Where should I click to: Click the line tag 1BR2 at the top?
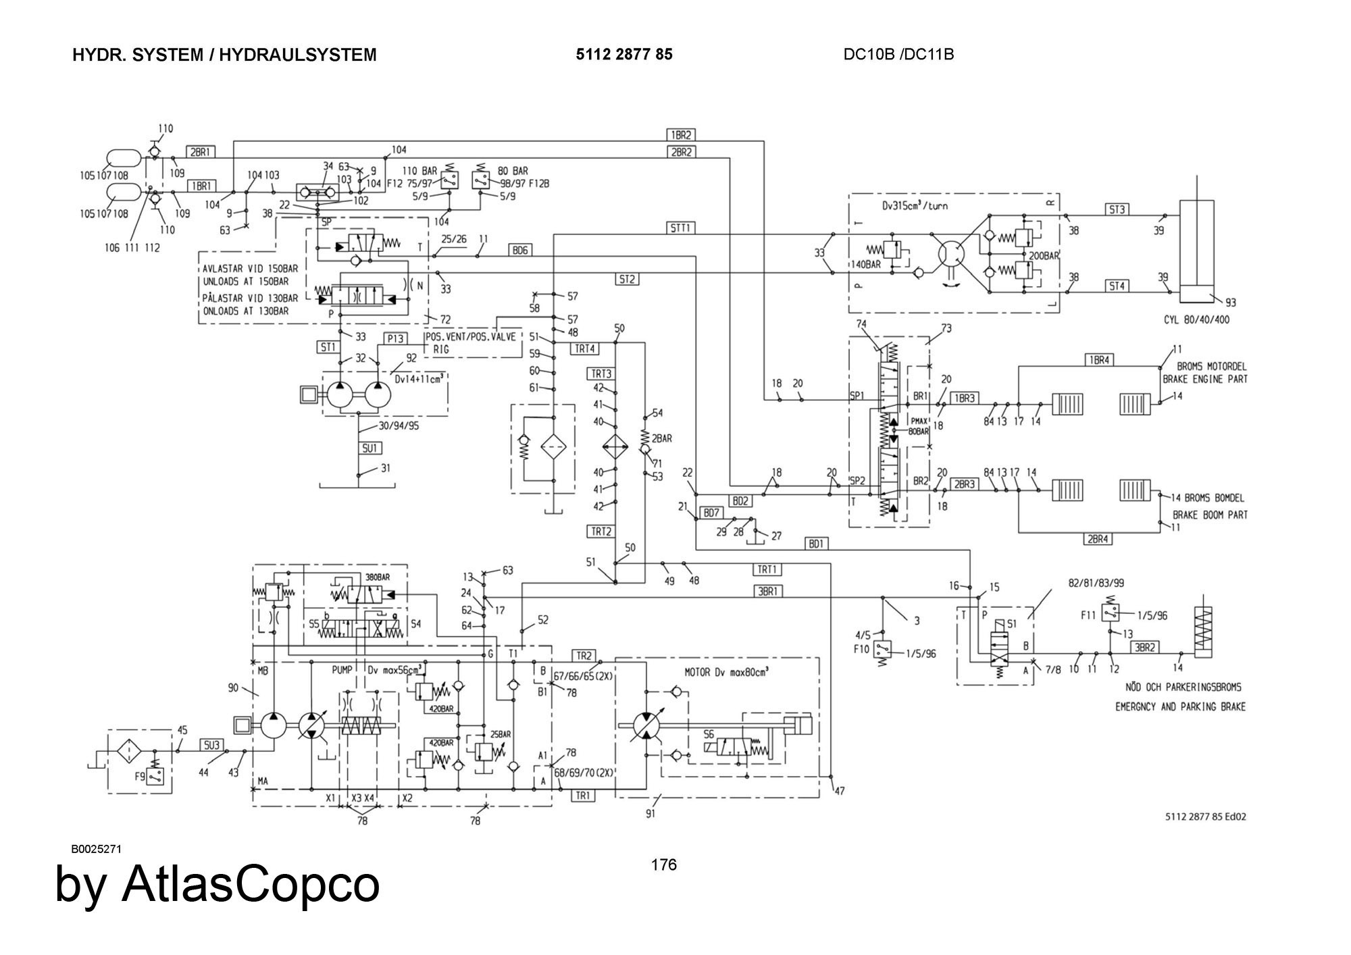pyautogui.click(x=681, y=135)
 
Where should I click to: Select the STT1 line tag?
pyautogui.click(x=681, y=228)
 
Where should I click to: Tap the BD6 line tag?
pyautogui.click(x=519, y=251)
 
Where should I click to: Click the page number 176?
pyautogui.click(x=664, y=864)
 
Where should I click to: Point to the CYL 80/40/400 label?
pyautogui.click(x=1196, y=319)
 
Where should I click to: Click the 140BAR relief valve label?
pyautogui.click(x=865, y=265)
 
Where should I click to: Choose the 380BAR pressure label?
pyautogui.click(x=378, y=578)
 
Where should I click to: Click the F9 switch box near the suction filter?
pyautogui.click(x=156, y=777)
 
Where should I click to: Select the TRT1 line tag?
pyautogui.click(x=767, y=569)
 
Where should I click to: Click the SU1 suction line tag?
pyautogui.click(x=371, y=448)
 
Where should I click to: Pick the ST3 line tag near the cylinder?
pyautogui.click(x=1117, y=209)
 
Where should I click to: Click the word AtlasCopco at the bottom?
pyautogui.click(x=251, y=885)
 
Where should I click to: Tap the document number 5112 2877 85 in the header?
pyautogui.click(x=623, y=55)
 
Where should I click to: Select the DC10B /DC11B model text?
pyautogui.click(x=898, y=55)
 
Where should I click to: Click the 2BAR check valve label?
pyautogui.click(x=662, y=438)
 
